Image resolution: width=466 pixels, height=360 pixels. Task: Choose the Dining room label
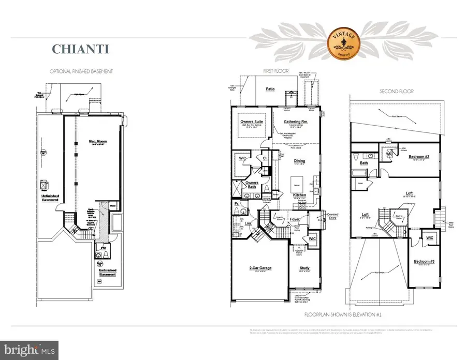299,161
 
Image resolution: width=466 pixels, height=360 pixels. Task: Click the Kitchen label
299,194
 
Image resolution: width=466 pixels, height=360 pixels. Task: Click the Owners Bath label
252,185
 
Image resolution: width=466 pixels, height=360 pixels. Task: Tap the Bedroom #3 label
424,262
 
